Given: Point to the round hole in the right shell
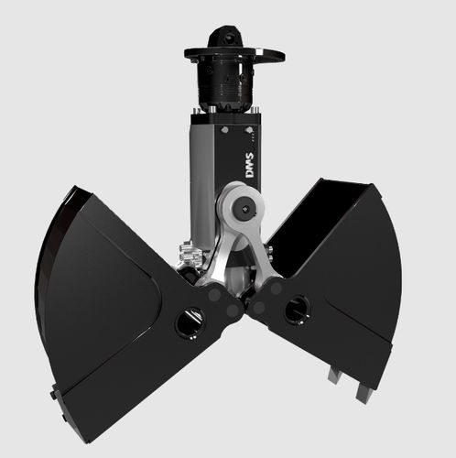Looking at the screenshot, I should [x=297, y=310].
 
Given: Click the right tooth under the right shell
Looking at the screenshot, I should [x=364, y=392].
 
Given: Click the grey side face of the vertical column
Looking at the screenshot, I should [x=203, y=174].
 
